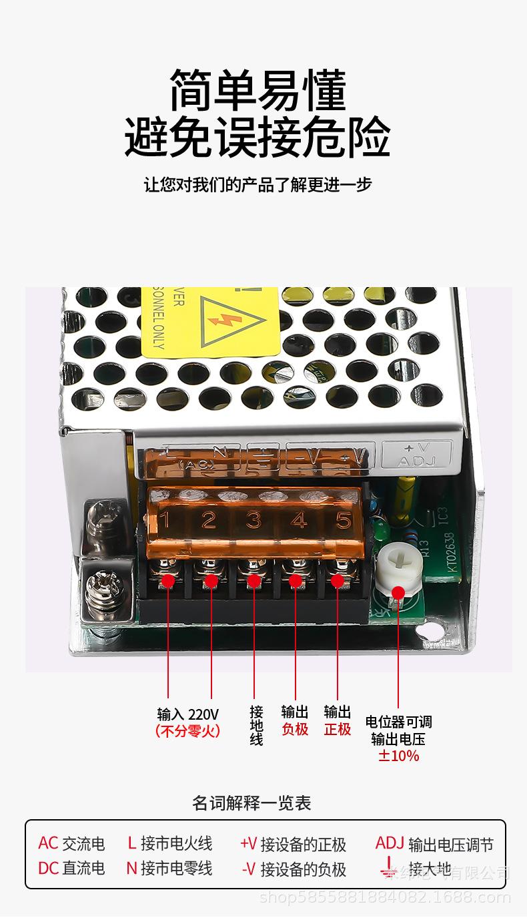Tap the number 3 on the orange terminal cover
pos(253,519)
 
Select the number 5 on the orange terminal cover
pos(343,519)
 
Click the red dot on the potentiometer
pos(398,592)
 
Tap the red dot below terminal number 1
pos(167,581)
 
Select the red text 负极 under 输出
pos(295,729)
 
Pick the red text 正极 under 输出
pos(338,729)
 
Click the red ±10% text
pos(399,756)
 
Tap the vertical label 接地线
pos(256,725)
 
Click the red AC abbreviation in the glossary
pos(48,843)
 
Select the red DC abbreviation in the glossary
pos(48,868)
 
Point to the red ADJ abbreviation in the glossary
pos(390,843)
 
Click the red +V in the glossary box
pos(248,844)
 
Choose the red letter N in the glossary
pos(131,868)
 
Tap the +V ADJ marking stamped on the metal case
pos(416,455)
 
